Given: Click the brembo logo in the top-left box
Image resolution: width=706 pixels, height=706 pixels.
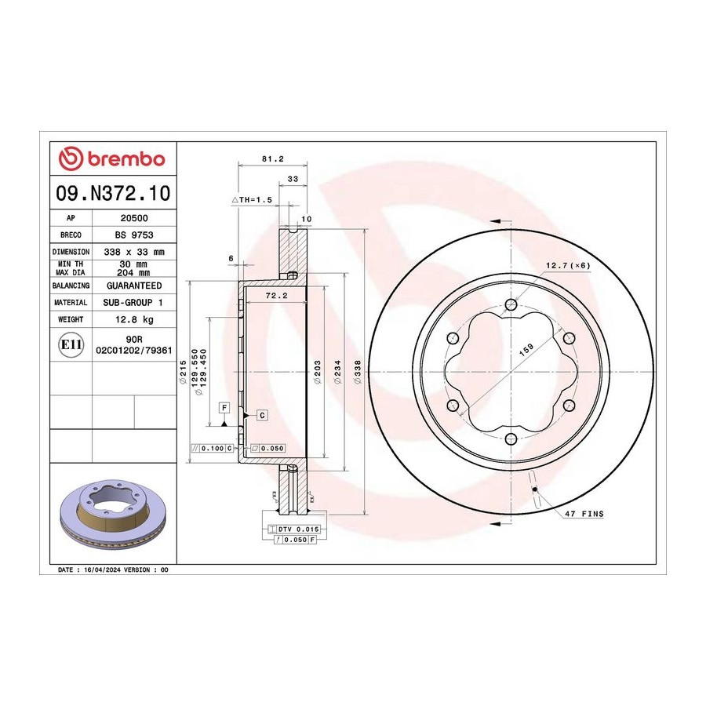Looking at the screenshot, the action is click(x=112, y=159).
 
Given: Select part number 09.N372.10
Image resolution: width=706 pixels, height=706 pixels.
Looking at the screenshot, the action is click(x=113, y=193).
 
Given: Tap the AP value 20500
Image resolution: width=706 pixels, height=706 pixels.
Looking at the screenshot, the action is click(x=134, y=218).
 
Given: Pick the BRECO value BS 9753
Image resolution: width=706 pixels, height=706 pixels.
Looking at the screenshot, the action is click(x=134, y=235).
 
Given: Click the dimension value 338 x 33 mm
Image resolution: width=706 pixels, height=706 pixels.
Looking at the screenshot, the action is click(x=134, y=252).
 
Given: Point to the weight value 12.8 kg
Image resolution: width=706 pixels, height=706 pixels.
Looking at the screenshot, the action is click(x=134, y=319).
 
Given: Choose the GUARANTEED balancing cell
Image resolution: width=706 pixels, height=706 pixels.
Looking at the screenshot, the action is click(x=134, y=286).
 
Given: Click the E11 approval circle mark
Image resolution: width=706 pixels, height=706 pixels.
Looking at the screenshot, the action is click(x=71, y=345).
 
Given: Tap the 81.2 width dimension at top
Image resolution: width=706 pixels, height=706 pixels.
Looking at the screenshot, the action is click(x=273, y=159).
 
